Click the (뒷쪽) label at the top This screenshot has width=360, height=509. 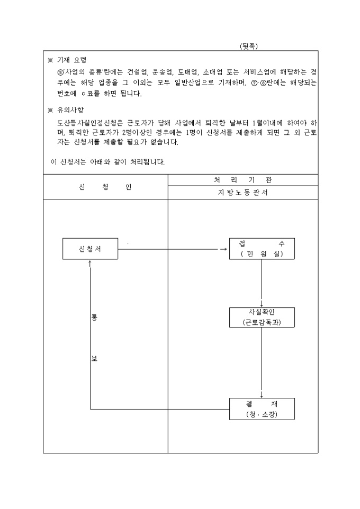[249, 46]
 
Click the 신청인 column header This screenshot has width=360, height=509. [105, 187]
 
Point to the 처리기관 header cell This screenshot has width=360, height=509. [243, 180]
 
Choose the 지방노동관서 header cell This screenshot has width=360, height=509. [243, 193]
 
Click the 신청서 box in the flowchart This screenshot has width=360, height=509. [90, 249]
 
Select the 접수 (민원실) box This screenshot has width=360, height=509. [262, 249]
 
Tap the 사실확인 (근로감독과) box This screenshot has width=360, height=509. [262, 317]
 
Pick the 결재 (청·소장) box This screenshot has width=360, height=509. [262, 409]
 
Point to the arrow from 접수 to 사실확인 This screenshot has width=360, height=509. [262, 283]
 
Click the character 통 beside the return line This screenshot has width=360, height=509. [94, 317]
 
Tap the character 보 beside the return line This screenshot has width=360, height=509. [94, 359]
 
